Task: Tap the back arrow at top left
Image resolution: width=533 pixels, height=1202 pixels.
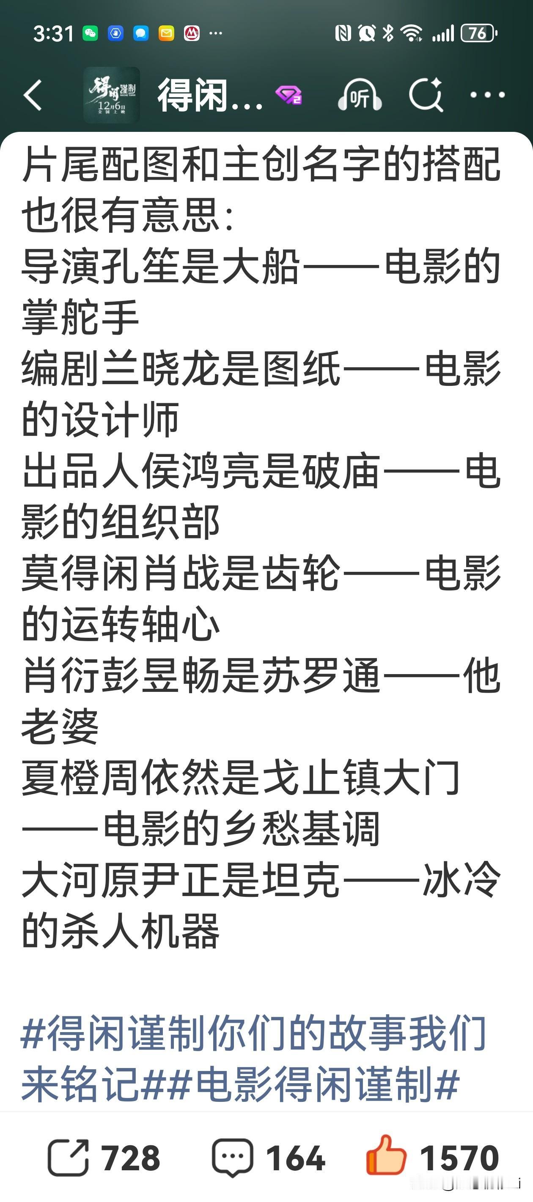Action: pos(33,95)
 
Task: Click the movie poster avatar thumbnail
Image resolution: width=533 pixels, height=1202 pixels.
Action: pos(111,95)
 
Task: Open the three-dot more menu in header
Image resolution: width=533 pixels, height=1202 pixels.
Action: pos(487,95)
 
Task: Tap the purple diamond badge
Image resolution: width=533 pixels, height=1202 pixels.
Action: pos(288,96)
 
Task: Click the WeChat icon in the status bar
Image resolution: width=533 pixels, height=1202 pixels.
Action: pos(90,33)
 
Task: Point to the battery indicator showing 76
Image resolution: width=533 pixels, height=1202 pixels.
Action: pos(478,33)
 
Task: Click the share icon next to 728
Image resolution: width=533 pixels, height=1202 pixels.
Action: pos(68,1158)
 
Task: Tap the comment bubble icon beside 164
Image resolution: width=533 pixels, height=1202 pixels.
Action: pos(233,1158)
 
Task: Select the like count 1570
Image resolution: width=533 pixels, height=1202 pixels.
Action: pos(459,1158)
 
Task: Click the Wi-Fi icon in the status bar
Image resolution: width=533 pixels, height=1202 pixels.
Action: pos(412,33)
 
